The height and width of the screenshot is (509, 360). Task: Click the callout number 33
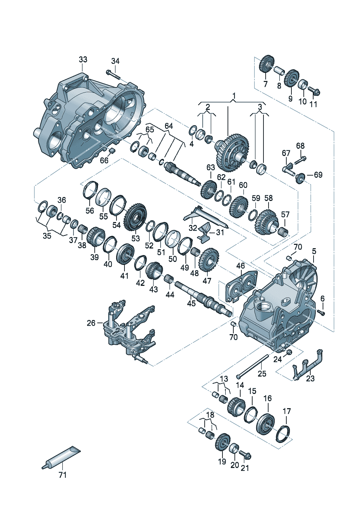coord(83,60)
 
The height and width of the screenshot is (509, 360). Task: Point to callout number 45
coord(191,303)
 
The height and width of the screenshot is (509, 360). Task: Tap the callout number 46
coord(241,266)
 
